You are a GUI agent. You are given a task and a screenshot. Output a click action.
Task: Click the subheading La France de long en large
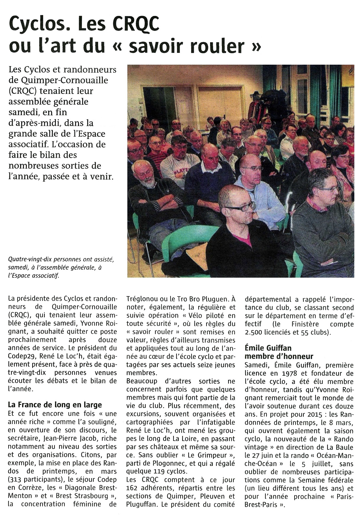[55, 404]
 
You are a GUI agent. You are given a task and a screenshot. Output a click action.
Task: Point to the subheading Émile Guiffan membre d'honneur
[279, 352]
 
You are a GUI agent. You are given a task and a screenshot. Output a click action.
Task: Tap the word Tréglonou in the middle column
[143, 299]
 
